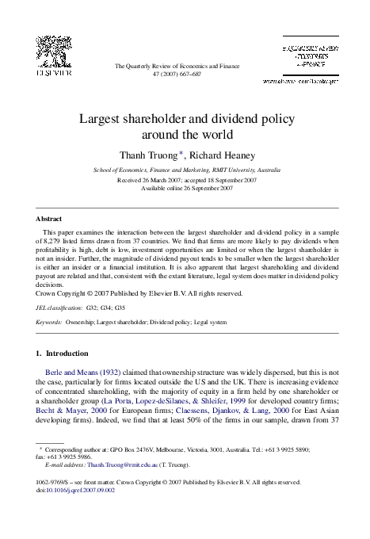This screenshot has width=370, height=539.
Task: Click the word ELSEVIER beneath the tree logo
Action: pyautogui.click(x=50, y=73)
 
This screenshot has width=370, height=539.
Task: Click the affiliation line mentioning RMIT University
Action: pyautogui.click(x=186, y=170)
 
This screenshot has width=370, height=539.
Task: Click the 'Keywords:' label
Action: pyautogui.click(x=49, y=323)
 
